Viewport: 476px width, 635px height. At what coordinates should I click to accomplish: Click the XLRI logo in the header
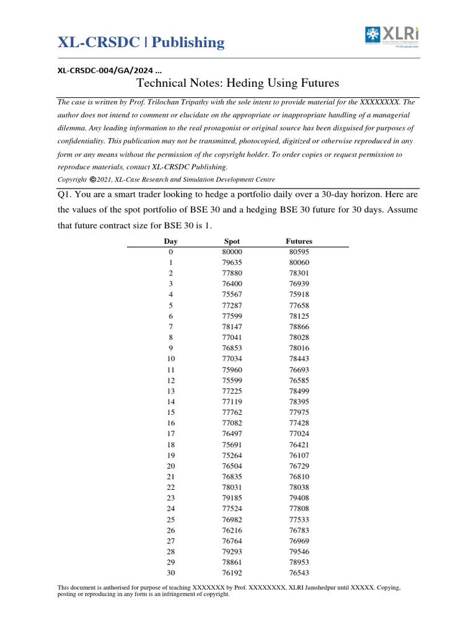tap(393, 35)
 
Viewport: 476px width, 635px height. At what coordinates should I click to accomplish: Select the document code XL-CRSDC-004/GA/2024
tap(105, 70)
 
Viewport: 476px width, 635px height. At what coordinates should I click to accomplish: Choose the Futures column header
tap(299, 241)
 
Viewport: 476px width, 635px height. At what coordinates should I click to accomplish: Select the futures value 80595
tap(299, 252)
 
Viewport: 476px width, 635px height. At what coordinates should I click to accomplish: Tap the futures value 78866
tap(299, 326)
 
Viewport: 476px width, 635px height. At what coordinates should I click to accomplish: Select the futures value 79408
tap(299, 498)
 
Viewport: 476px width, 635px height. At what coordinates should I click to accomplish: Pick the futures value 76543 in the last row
tap(299, 573)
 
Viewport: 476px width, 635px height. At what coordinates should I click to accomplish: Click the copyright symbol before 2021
tap(92, 179)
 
